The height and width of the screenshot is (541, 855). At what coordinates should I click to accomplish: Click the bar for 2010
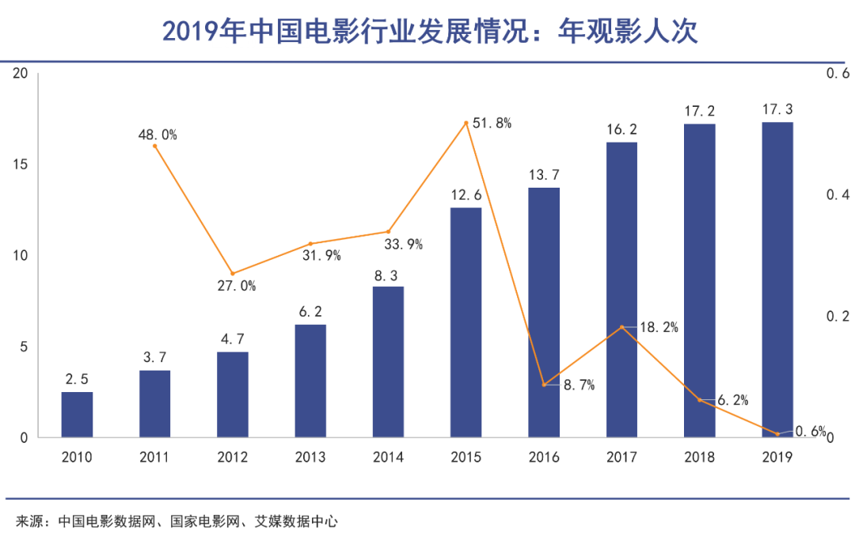77,414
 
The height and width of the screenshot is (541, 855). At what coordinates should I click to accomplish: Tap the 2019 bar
777,280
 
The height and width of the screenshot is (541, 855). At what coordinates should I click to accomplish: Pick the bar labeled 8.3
388,361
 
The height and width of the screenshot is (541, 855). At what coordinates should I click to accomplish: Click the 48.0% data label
158,135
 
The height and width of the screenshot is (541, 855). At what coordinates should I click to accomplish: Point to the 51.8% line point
466,123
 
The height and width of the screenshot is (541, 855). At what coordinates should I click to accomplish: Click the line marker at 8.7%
544,385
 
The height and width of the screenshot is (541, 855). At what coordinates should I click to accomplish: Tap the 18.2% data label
658,327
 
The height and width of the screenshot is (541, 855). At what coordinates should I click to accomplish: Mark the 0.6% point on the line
777,434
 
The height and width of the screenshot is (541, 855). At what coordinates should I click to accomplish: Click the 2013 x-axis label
310,457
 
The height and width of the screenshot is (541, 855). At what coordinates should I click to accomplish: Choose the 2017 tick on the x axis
621,457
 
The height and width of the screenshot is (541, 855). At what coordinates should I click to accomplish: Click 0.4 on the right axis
838,195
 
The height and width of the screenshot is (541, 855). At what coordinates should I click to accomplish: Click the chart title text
428,32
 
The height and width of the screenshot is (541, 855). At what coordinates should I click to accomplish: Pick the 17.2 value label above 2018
700,110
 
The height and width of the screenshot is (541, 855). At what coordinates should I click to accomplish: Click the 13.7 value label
544,174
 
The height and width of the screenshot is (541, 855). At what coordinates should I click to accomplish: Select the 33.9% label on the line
403,245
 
